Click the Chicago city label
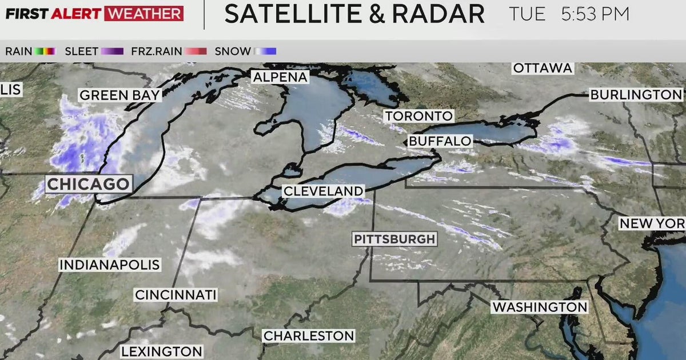coord(88,184)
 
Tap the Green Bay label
coord(119,95)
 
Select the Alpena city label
coord(280,77)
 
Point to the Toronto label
coord(418,116)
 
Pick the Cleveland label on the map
coord(323,191)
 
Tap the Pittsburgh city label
coord(394,239)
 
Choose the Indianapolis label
coord(110,265)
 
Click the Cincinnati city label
coord(176,295)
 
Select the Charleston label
coord(309,336)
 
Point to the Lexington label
coord(161,351)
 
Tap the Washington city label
coord(540,307)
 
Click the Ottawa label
coord(543,68)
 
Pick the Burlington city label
coord(636,95)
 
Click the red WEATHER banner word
coord(145,14)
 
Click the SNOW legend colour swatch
coord(266,51)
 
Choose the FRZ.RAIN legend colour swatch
coord(196,51)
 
